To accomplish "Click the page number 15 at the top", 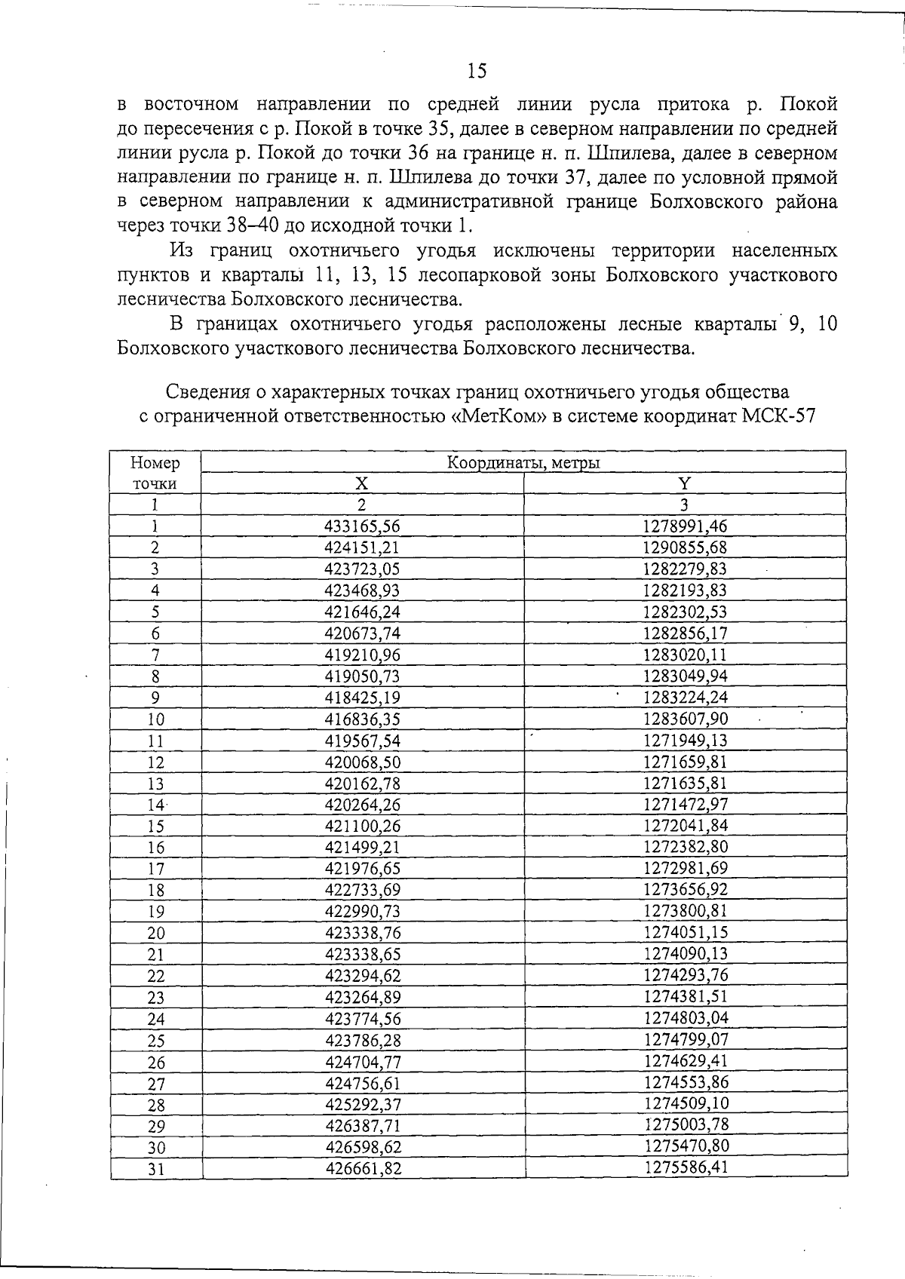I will click(x=477, y=71).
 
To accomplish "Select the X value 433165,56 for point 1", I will click(x=362, y=526).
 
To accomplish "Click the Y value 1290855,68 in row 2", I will click(x=685, y=547).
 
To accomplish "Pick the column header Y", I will click(x=684, y=483).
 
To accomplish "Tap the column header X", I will click(x=362, y=483).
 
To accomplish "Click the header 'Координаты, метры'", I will click(x=523, y=462).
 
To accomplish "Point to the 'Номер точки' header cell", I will click(x=155, y=473).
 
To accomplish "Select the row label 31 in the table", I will click(x=155, y=1170).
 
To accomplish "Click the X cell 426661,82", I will click(x=363, y=1169).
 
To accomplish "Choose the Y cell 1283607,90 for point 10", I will click(x=685, y=719).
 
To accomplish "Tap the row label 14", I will click(x=155, y=805).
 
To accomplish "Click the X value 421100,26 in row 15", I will click(x=363, y=826).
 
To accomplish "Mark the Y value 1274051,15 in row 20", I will click(x=686, y=932).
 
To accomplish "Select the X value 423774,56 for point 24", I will click(x=363, y=1018).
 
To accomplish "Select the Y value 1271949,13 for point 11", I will click(x=685, y=740).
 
